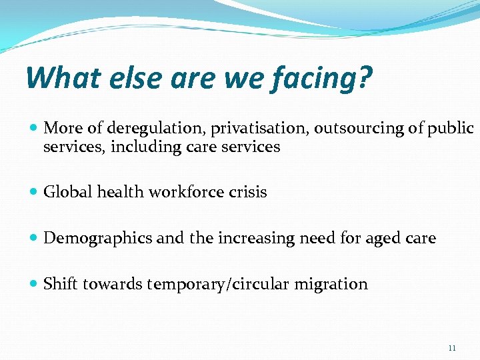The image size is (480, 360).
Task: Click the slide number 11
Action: (453, 348)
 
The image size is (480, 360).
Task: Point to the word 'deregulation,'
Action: (149, 129)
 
